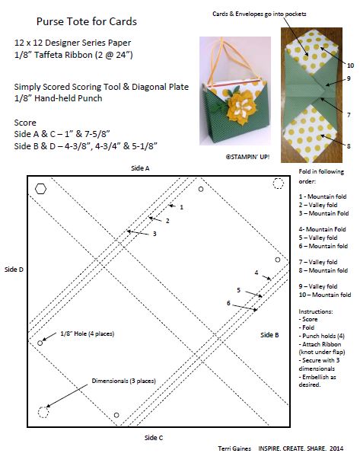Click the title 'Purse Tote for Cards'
pos(87,21)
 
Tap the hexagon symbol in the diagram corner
pos(40,189)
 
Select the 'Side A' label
pos(140,168)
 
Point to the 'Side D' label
pos(14,270)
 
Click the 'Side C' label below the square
pos(154,438)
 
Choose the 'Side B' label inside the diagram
pos(269,335)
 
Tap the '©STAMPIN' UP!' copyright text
pos(247,157)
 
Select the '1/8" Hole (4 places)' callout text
pos(88,334)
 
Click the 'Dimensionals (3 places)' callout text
pos(123,381)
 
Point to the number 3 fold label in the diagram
pos(155,234)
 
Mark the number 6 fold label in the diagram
pos(228,303)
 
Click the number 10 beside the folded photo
pos(351,65)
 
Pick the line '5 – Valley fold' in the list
pos(318,238)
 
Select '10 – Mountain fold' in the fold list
pos(325,295)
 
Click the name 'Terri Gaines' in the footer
pos(234,448)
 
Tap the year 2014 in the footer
pos(336,448)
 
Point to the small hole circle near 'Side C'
pos(116,415)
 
